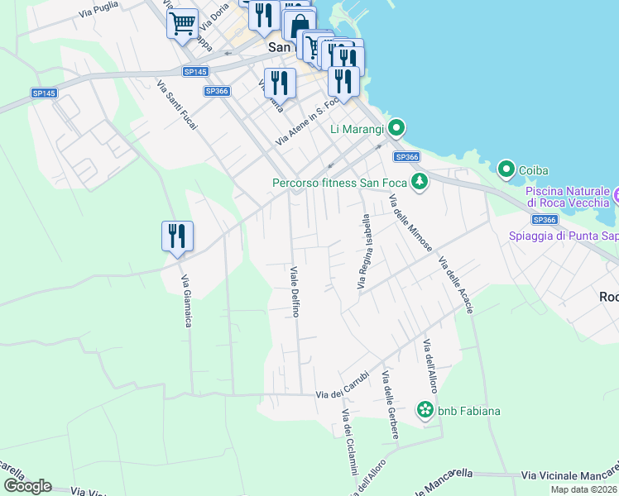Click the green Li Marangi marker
point(396,128)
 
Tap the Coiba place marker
point(506,170)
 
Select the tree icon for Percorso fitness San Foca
point(420,182)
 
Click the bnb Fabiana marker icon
point(425,410)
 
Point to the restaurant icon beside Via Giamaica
point(177,236)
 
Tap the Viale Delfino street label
point(294,291)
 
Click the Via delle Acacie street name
point(456,285)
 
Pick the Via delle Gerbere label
point(389,405)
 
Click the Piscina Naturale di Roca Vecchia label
point(571,196)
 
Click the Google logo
point(27,486)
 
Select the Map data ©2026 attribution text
point(583,489)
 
